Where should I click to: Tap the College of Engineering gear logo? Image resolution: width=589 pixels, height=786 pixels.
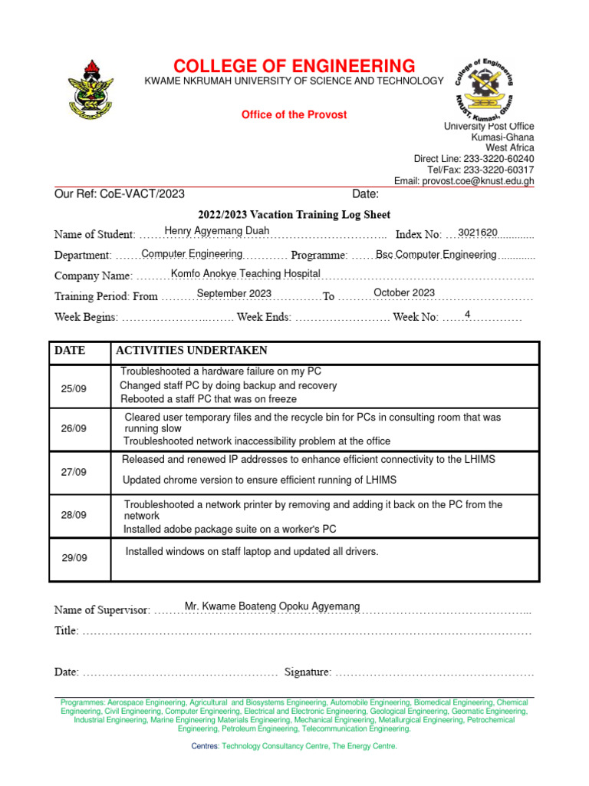click(484, 87)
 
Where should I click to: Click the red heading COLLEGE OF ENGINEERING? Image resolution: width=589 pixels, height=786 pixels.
click(294, 66)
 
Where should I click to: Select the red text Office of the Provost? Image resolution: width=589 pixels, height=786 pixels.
click(294, 115)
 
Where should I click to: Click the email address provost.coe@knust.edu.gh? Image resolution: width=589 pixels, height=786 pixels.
click(464, 181)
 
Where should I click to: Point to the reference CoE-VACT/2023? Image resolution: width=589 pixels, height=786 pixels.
click(142, 194)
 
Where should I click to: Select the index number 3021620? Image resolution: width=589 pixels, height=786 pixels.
click(478, 233)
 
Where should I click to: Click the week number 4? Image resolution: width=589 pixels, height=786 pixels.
click(467, 314)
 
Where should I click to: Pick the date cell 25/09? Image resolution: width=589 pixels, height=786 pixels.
click(74, 389)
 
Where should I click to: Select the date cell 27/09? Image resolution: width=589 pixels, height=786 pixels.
click(74, 472)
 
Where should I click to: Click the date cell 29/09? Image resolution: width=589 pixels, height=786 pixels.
click(74, 557)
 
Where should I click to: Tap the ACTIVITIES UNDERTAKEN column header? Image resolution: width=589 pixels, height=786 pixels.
click(192, 351)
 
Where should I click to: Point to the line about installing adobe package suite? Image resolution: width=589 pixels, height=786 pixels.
click(230, 529)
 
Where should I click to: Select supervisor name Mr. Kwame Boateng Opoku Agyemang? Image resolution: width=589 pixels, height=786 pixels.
click(272, 606)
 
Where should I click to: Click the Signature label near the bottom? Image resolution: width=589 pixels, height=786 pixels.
click(308, 672)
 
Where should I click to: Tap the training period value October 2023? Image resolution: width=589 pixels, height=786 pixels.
click(404, 293)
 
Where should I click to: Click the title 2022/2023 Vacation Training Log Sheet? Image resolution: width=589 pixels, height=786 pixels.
click(295, 215)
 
